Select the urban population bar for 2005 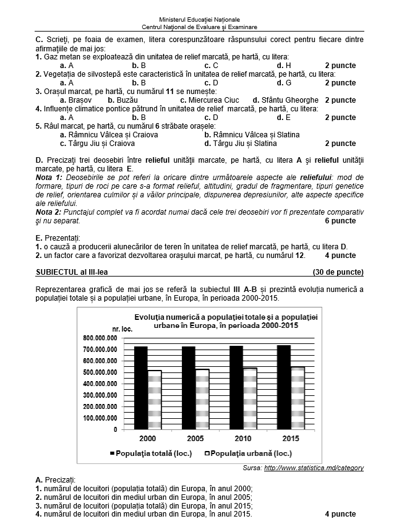pyautogui.click(x=202, y=399)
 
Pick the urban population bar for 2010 pyautogui.click(x=250, y=398)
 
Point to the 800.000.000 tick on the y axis pyautogui.click(x=100, y=338)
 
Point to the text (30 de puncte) pyautogui.click(x=338, y=272)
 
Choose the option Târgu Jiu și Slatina pyautogui.click(x=238, y=143)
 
